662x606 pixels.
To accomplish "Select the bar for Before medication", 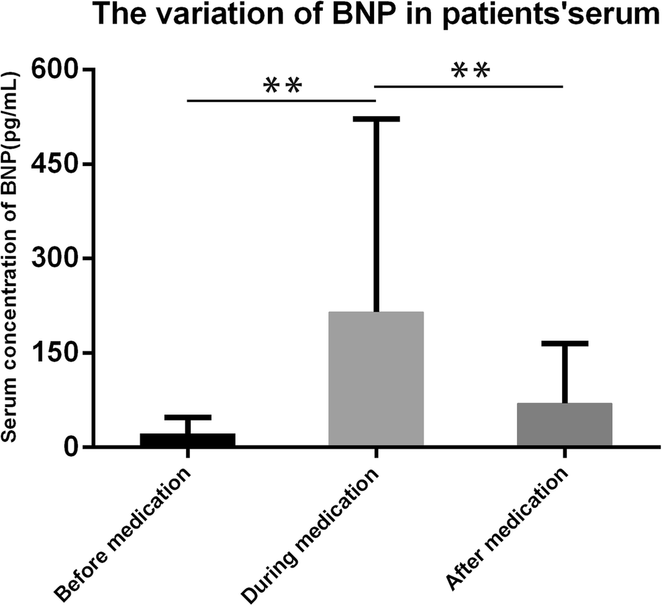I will click(188, 439).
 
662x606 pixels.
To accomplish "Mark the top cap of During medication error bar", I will click(376, 119).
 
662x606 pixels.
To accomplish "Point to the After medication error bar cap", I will click(565, 343).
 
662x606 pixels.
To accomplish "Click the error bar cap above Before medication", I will click(188, 417).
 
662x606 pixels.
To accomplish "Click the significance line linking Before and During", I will click(281, 101).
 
